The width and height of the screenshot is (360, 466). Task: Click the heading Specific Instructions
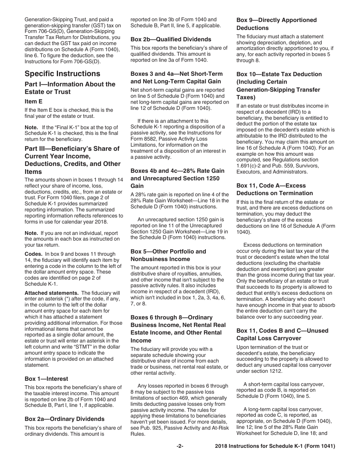63,74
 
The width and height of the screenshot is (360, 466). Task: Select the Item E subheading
34,102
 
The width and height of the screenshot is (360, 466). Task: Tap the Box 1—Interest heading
47,379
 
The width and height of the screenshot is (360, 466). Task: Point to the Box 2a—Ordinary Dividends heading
64,419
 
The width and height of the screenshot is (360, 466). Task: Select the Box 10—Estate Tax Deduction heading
279,86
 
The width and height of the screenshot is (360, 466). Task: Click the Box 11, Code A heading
275,189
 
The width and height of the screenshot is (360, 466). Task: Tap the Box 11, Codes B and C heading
282,335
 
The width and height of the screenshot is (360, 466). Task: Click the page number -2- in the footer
180,446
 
